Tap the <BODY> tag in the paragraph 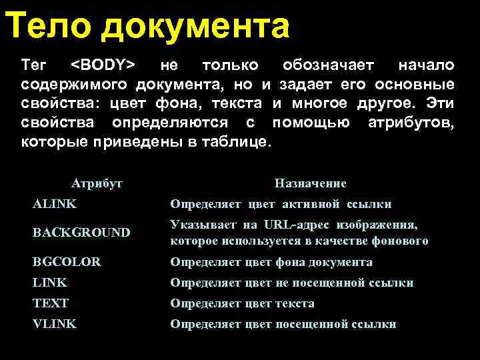pyautogui.click(x=103, y=65)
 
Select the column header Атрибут pyautogui.click(x=97, y=183)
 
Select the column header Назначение pyautogui.click(x=310, y=183)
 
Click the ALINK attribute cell pyautogui.click(x=55, y=204)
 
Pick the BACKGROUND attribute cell pyautogui.click(x=81, y=233)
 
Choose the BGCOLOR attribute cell pyautogui.click(x=67, y=262)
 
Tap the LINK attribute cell pyautogui.click(x=50, y=283)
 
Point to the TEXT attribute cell pyautogui.click(x=51, y=303)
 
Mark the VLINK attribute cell pyautogui.click(x=55, y=324)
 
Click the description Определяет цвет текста pyautogui.click(x=242, y=303)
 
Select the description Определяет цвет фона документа pyautogui.click(x=271, y=262)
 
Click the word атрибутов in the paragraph pyautogui.click(x=411, y=123)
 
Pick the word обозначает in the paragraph pyautogui.click(x=328, y=65)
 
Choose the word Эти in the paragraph pyautogui.click(x=440, y=104)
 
